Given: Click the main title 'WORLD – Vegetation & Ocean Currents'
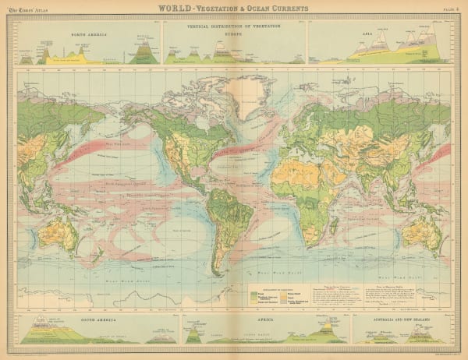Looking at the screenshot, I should (233, 9).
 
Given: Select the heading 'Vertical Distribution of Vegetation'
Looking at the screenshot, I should (233, 26).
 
